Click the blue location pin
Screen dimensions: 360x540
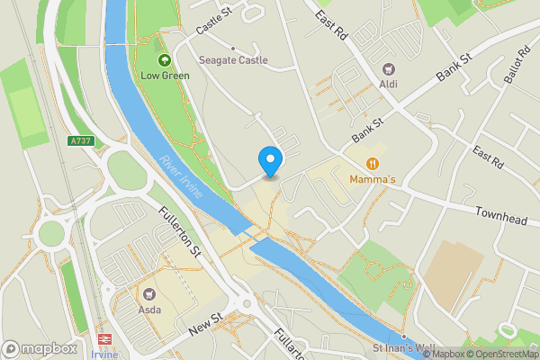(x=270, y=160)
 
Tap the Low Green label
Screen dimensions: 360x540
(x=165, y=76)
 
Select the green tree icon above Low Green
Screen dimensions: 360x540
(x=165, y=60)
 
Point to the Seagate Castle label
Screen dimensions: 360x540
(x=233, y=60)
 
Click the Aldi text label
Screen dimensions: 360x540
(x=389, y=84)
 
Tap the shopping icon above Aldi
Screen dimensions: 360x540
(x=389, y=68)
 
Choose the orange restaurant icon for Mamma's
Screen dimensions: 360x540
(x=373, y=163)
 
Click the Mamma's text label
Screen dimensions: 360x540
(x=373, y=179)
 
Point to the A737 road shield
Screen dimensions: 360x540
(x=79, y=140)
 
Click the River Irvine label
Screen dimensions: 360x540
(x=180, y=178)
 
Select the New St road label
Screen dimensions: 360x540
(x=205, y=326)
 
